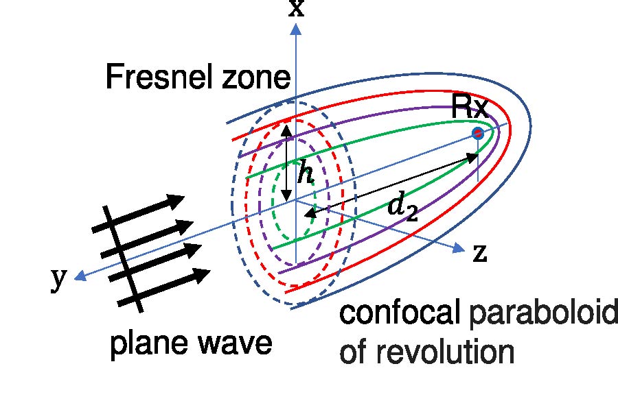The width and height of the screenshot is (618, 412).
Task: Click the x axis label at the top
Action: (296, 8)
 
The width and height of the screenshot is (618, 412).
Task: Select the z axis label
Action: (480, 254)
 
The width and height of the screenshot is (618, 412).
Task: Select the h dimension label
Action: (305, 175)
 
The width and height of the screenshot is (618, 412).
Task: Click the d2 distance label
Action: (402, 206)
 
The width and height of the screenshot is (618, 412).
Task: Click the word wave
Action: (235, 343)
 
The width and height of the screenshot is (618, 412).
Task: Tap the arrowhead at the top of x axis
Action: (296, 29)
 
